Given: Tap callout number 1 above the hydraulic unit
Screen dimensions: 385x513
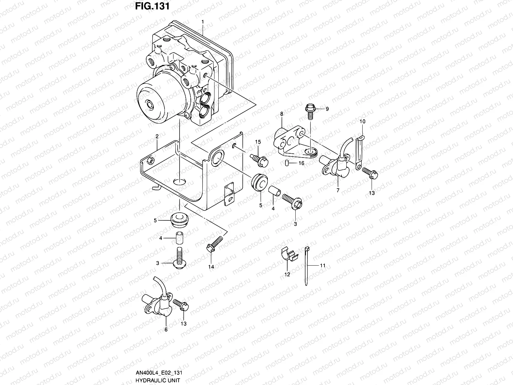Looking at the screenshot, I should (x=203, y=22).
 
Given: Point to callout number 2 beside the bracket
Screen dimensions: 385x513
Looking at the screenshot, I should (x=157, y=136).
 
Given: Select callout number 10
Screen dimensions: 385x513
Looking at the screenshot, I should (x=362, y=122).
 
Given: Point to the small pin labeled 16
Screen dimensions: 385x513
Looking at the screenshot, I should (x=287, y=163).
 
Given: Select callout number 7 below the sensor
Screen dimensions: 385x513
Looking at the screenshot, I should (x=338, y=190).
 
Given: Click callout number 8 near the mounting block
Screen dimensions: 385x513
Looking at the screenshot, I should (x=282, y=114).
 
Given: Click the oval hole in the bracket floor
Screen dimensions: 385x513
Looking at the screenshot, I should (x=180, y=182).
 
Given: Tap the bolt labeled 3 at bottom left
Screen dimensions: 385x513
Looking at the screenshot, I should (x=180, y=256).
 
